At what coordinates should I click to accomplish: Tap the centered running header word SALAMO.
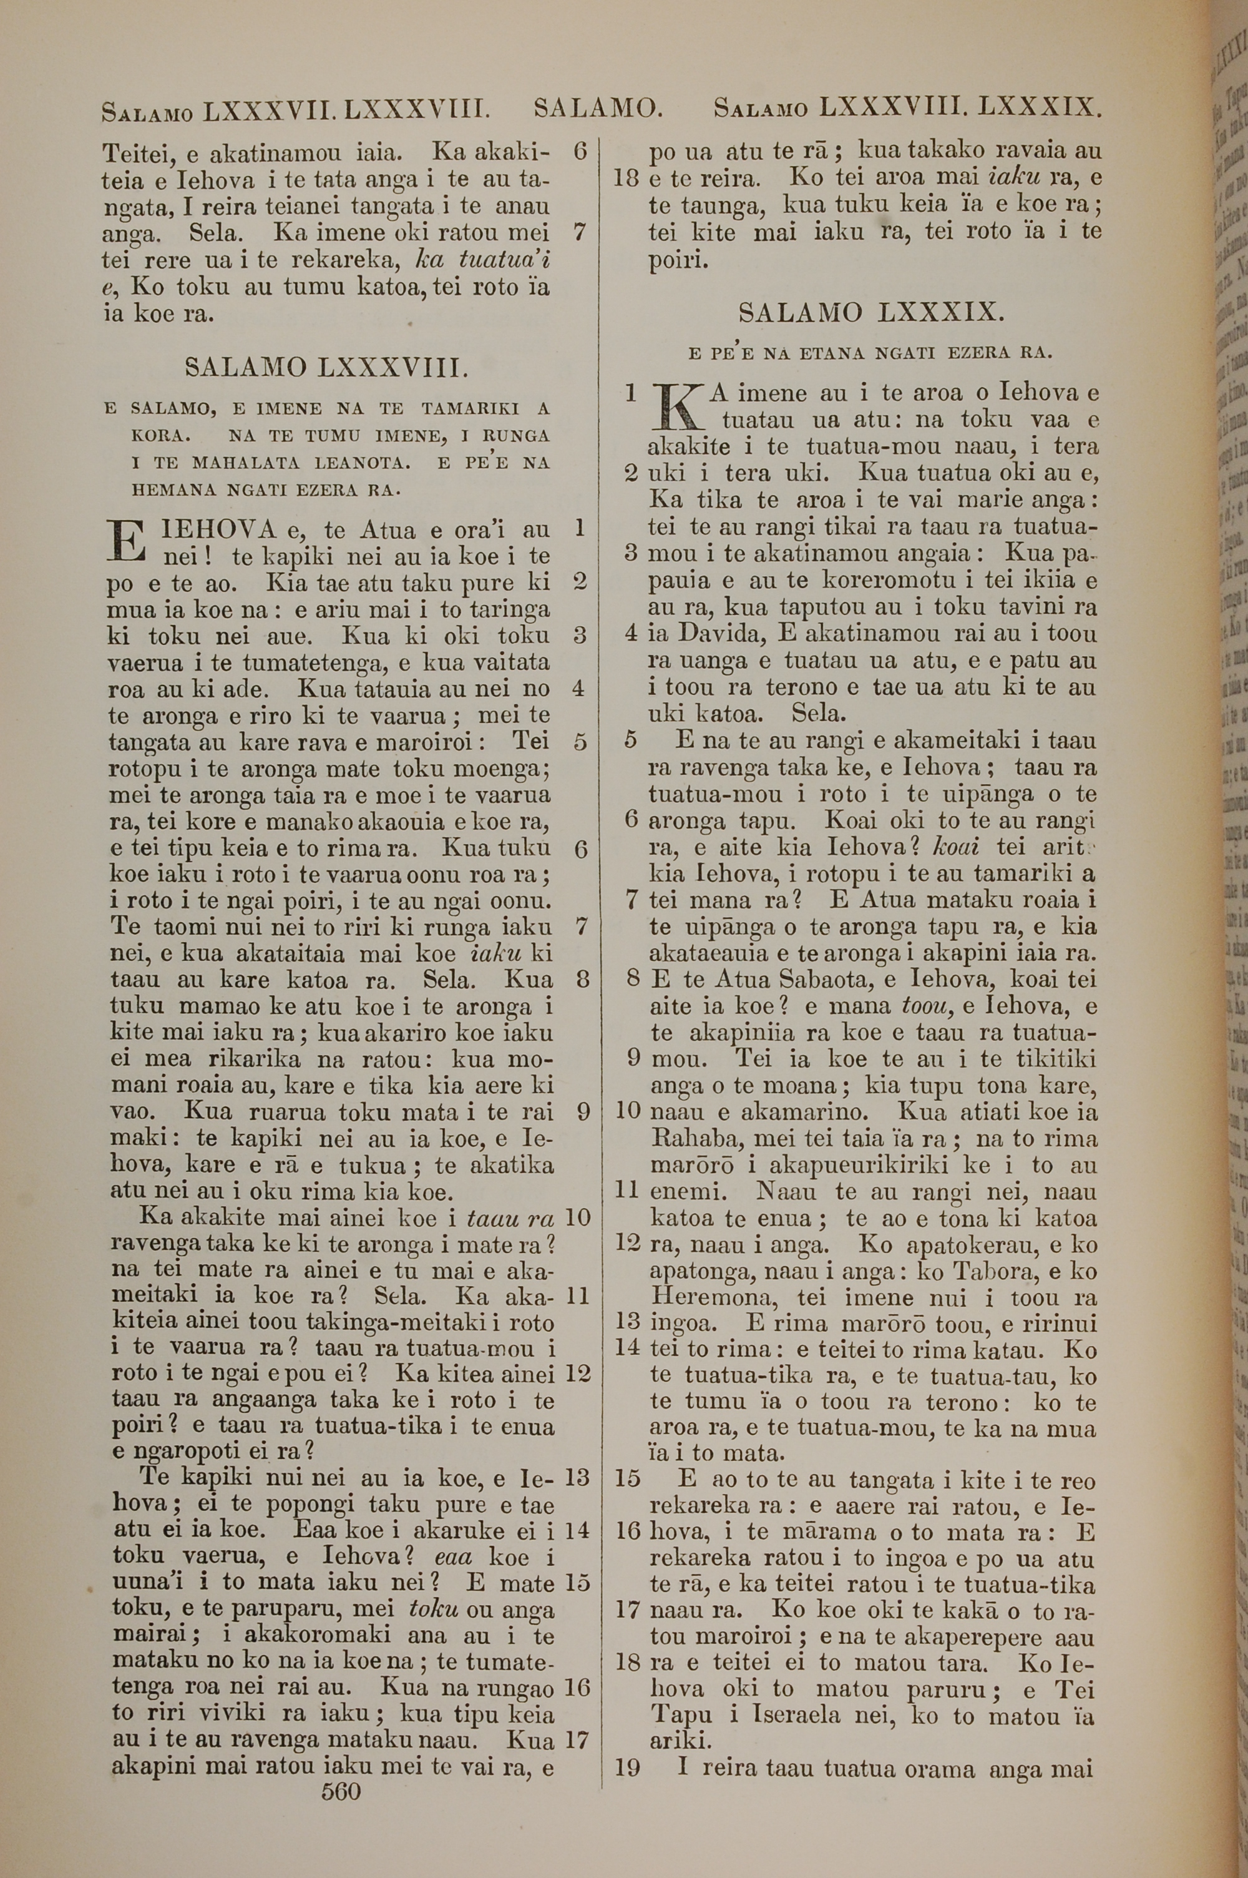click(x=598, y=107)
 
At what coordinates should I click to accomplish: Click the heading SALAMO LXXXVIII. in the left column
click(x=326, y=368)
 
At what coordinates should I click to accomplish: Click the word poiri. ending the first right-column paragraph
click(x=678, y=260)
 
